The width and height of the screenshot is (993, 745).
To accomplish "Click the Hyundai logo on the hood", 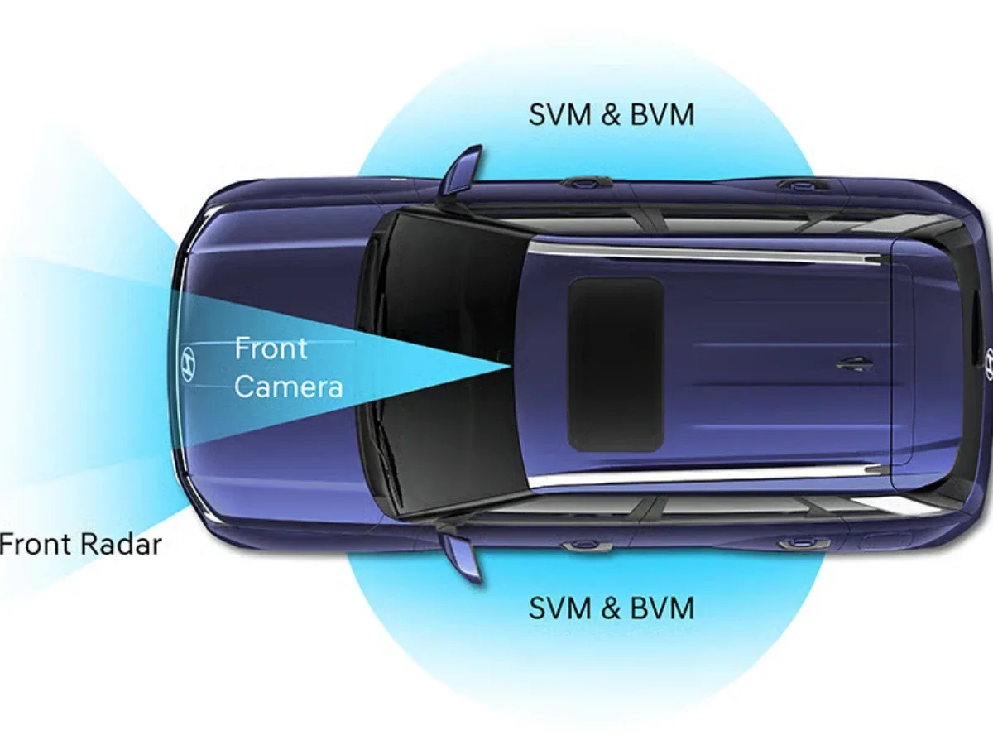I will [x=189, y=365].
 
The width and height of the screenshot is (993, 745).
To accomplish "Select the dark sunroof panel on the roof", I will [x=616, y=364].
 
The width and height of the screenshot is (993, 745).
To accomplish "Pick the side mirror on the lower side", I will [x=462, y=555].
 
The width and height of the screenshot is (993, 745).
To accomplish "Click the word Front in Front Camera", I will [x=271, y=348].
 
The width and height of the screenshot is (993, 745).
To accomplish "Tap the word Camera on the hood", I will [x=288, y=386].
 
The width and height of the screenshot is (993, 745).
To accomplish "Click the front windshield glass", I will [x=439, y=364].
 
